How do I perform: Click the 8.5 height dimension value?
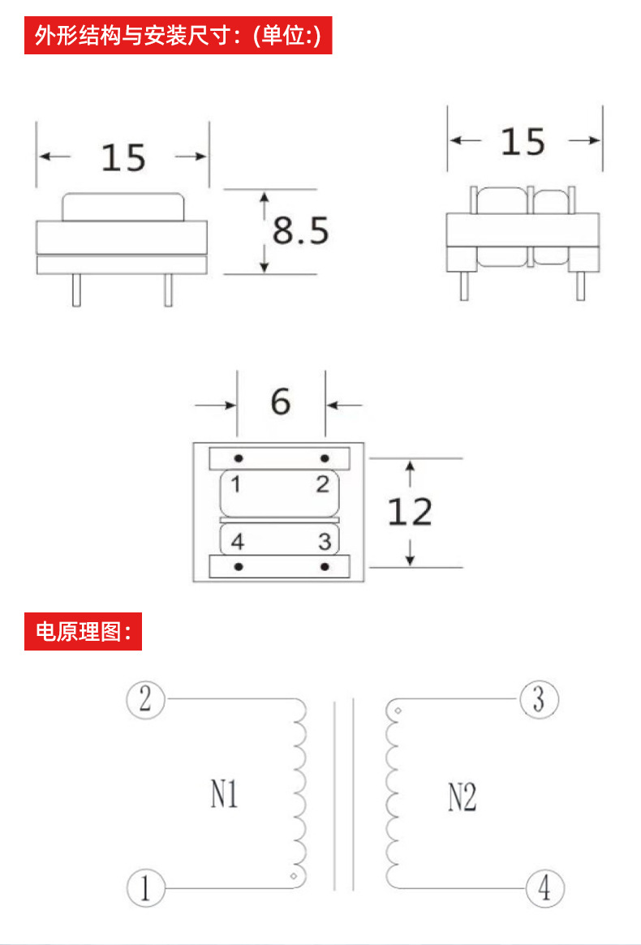point(300,231)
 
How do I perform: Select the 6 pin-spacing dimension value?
point(280,402)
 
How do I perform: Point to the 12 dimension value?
point(410,512)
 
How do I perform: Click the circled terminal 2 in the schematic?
point(146,698)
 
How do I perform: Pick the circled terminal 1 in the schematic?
point(146,888)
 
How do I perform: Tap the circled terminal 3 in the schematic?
point(538,698)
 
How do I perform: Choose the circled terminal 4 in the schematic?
point(544,888)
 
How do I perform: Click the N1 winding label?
point(225,795)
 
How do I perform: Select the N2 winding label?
point(462,798)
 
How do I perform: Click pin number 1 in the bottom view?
point(234,485)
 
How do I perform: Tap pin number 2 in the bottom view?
point(323,485)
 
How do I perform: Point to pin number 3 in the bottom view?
point(324,540)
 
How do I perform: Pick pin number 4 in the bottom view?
point(237,541)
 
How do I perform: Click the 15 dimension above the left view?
point(123,157)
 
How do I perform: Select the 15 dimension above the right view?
point(523,142)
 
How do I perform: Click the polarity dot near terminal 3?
point(398,711)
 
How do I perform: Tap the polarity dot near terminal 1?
point(294,876)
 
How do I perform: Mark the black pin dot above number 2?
point(325,458)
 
